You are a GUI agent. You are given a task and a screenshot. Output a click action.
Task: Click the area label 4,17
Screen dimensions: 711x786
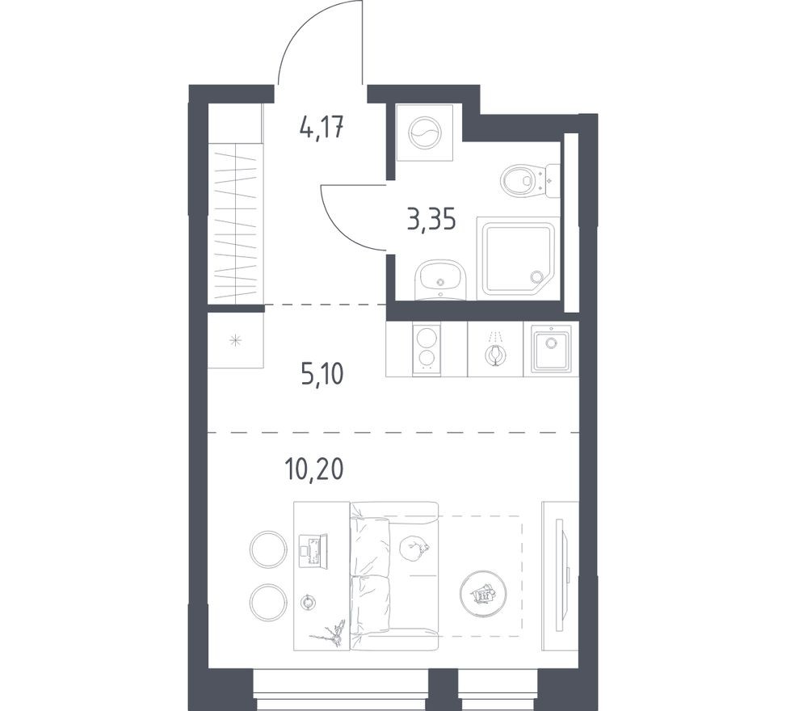pos(322,127)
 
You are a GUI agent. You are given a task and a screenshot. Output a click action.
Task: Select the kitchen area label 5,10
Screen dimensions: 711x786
pos(322,374)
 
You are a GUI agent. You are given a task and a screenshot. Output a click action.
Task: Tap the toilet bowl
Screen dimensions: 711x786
pos(519,180)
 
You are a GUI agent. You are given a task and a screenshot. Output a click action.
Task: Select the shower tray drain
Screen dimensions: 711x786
pos(536,276)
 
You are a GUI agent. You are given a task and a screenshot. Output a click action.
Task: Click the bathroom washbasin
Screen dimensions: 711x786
pos(440,280)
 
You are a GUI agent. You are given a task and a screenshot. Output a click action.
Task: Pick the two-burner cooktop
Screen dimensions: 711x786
pos(427,349)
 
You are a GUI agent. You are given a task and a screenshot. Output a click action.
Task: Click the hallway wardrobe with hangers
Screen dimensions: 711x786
pos(236,223)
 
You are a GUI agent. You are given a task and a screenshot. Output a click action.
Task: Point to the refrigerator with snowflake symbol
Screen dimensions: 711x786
pos(236,340)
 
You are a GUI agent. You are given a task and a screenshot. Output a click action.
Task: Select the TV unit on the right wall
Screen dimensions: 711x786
pos(560,575)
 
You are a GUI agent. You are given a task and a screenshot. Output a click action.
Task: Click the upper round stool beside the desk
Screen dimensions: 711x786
pos(268,549)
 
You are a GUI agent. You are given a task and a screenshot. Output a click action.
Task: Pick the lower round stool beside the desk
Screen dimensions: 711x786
pos(268,602)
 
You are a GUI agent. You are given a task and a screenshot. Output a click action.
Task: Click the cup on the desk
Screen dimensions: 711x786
pos(308,601)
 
